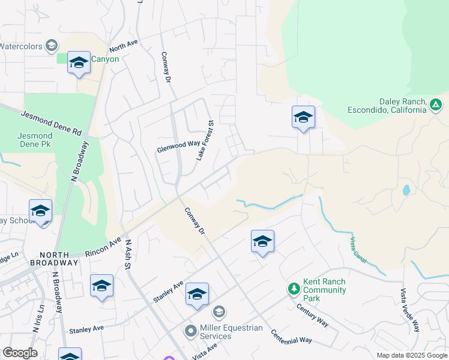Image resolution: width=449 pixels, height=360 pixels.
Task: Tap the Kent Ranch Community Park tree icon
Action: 294,290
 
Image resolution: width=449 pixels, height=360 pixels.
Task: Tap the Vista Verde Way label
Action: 409,310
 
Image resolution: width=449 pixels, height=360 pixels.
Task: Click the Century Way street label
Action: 313,314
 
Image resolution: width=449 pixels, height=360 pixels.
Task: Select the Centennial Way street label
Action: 291,336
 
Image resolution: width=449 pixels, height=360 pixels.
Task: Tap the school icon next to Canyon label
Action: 79,63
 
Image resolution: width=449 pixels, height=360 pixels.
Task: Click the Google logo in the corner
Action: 20,353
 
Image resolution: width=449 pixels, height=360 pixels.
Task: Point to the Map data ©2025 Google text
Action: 411,355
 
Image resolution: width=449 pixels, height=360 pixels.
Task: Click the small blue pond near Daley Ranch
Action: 406,190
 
